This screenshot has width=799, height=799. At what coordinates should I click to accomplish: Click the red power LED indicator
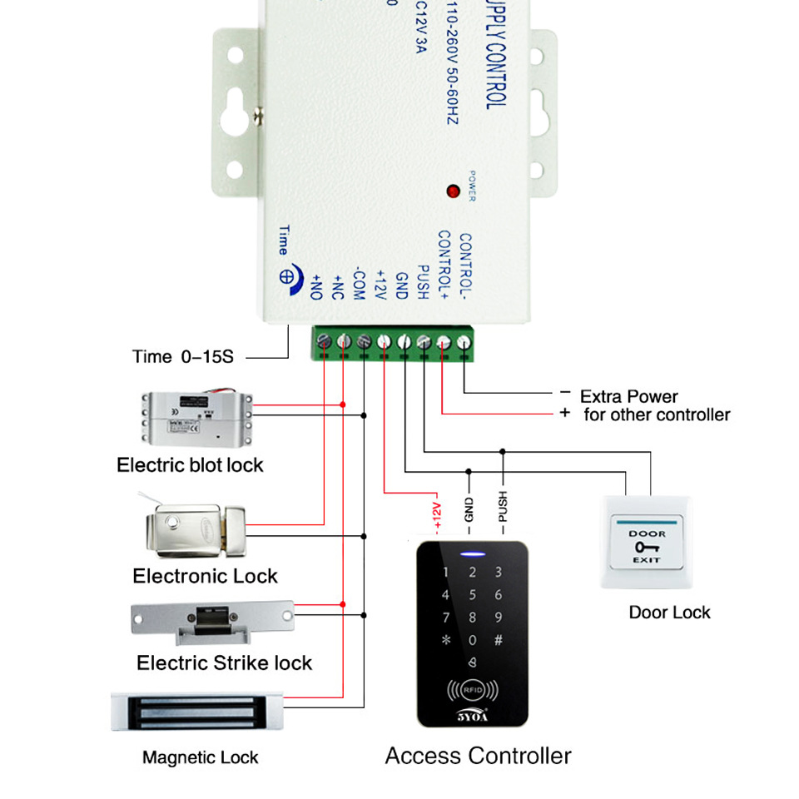pyautogui.click(x=454, y=191)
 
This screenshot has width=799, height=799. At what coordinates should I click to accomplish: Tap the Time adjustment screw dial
pyautogui.click(x=285, y=277)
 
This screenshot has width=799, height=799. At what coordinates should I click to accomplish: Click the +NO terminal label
pyautogui.click(x=316, y=285)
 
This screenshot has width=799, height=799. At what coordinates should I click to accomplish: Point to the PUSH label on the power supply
pyautogui.click(x=422, y=284)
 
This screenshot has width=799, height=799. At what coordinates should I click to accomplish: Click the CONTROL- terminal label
pyautogui.click(x=465, y=266)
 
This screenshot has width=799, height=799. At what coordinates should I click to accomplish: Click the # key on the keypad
pyautogui.click(x=499, y=641)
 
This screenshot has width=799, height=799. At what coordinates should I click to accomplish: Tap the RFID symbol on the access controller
pyautogui.click(x=471, y=691)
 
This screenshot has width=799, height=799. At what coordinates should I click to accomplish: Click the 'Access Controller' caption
pyautogui.click(x=478, y=756)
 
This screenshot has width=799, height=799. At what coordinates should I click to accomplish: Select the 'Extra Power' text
pyautogui.click(x=628, y=396)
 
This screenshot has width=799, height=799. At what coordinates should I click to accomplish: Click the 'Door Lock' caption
pyautogui.click(x=669, y=613)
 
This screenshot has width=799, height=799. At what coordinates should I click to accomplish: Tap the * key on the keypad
pyautogui.click(x=446, y=641)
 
